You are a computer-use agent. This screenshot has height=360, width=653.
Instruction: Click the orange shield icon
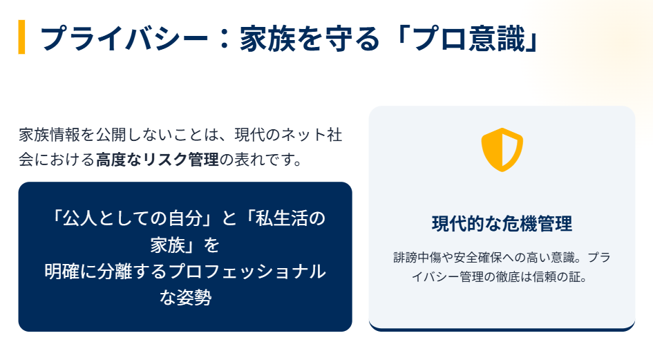point(502,149)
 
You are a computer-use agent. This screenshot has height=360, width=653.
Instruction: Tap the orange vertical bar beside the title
point(21,37)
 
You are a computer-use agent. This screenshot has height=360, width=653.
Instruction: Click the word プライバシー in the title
point(124,38)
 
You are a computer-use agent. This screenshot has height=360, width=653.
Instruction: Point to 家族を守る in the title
point(310,38)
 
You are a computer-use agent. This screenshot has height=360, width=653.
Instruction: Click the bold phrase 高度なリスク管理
point(158,160)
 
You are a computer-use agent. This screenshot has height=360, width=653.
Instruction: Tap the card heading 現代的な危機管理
point(502,224)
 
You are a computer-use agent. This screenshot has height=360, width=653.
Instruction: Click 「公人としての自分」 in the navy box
point(133,218)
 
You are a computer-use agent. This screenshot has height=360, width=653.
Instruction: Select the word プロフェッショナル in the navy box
point(247,272)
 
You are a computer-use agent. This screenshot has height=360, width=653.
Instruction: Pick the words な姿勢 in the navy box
point(185,298)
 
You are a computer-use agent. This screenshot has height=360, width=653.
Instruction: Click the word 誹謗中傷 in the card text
point(417,258)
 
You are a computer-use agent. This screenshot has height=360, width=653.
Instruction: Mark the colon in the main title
point(224,38)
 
